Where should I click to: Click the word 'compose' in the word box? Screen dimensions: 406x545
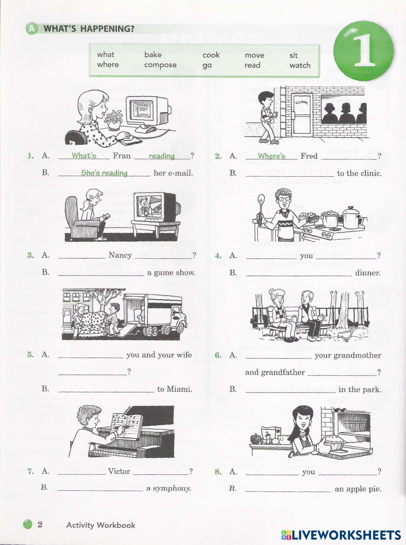(160, 65)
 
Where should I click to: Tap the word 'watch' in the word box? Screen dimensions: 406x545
(300, 65)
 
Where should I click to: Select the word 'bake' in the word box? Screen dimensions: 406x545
(153, 55)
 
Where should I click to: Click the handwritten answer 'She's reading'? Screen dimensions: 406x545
(104, 173)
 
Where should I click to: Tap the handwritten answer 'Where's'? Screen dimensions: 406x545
(271, 156)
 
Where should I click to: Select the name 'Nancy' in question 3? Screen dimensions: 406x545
(120, 255)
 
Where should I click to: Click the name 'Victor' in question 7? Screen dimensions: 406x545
(119, 471)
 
